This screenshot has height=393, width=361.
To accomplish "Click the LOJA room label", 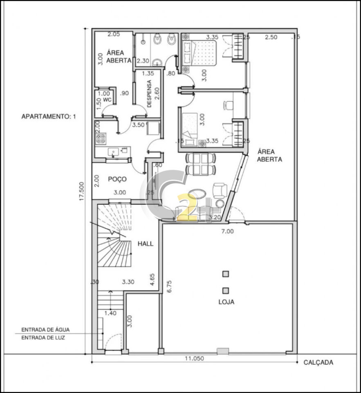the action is pyautogui.click(x=226, y=302).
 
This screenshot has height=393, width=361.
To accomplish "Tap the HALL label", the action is pyautogui.click(x=146, y=244).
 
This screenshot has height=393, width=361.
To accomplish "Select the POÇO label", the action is pyautogui.click(x=117, y=179).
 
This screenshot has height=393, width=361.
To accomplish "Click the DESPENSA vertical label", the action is pyautogui.click(x=150, y=94).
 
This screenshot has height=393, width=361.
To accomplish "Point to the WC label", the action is pyautogui.click(x=108, y=100).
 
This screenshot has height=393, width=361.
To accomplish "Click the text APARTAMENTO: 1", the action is pyautogui.click(x=49, y=117).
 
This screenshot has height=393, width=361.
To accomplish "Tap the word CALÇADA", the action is pyautogui.click(x=318, y=362).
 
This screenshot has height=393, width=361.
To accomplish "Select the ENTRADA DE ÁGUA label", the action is pyautogui.click(x=45, y=330).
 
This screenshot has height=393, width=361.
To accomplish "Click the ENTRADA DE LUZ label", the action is pyautogui.click(x=43, y=338).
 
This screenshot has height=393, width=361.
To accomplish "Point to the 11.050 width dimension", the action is pyautogui.click(x=194, y=359).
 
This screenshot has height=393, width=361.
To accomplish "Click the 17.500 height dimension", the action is pyautogui.click(x=82, y=191).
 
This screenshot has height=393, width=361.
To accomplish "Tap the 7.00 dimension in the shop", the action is pyautogui.click(x=227, y=231).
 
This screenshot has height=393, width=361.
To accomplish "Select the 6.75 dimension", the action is pyautogui.click(x=169, y=287).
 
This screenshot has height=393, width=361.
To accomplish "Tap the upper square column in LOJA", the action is pyautogui.click(x=226, y=274).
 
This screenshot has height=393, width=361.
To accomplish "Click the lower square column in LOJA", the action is pyautogui.click(x=226, y=291).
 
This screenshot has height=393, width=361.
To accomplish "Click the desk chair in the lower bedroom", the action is pyautogui.click(x=228, y=105).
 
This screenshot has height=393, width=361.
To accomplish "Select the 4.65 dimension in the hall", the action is pyautogui.click(x=152, y=280).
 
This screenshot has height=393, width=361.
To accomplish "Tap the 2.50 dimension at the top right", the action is pyautogui.click(x=271, y=37).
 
